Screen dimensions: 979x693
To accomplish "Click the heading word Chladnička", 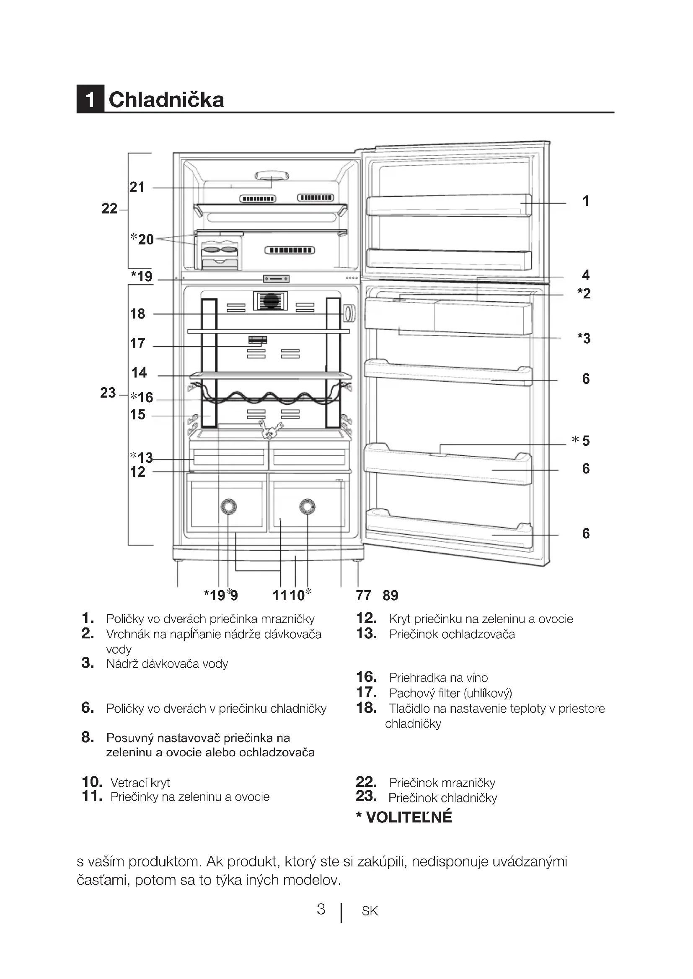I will (x=166, y=100).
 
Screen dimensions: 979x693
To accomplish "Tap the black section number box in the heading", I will (x=90, y=99).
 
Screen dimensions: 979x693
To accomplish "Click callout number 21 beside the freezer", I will (x=137, y=187).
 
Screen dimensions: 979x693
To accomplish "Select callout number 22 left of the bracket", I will (x=109, y=208).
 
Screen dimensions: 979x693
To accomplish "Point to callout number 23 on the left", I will (x=108, y=393).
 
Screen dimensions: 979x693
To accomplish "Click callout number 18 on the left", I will (x=137, y=314).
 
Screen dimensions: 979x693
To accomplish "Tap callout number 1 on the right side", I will (x=586, y=201).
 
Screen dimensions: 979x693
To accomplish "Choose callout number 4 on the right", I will (x=586, y=275).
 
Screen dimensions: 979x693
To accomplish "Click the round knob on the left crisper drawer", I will (x=228, y=506).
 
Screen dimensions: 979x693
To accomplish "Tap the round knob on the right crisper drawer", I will (x=307, y=506).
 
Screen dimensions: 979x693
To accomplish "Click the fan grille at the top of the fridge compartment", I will (x=270, y=301).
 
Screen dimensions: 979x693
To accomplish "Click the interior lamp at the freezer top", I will (x=272, y=175).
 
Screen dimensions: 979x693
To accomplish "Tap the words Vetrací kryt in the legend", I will (x=140, y=782).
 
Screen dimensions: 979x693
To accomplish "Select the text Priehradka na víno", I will (x=438, y=678).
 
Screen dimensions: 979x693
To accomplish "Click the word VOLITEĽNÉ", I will (x=409, y=817).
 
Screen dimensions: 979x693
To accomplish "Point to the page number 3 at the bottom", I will (x=321, y=910).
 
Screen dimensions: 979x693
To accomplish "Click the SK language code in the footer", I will (x=370, y=911).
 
